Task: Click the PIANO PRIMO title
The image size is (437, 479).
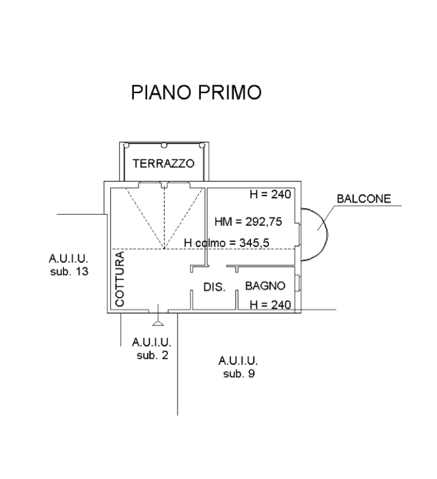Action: [x=196, y=92]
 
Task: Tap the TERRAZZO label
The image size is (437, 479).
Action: [x=163, y=163]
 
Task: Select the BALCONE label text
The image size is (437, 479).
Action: [x=364, y=199]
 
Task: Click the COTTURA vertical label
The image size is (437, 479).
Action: [x=120, y=279]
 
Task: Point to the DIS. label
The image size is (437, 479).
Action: [x=214, y=287]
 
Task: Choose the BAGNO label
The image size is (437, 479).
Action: [x=265, y=286]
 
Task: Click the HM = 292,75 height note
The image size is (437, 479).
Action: [x=248, y=222]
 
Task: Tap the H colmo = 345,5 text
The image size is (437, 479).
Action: [x=226, y=243]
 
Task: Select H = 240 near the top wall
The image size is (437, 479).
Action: [x=270, y=194]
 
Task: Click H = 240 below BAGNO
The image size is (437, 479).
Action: [x=270, y=304]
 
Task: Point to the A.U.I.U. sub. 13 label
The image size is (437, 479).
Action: [x=69, y=265]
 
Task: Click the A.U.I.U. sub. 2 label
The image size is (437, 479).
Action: [x=152, y=349]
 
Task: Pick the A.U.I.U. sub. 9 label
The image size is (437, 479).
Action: [x=239, y=367]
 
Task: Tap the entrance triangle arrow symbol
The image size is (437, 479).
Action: [x=158, y=323]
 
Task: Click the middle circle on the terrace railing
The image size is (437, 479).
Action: [x=164, y=146]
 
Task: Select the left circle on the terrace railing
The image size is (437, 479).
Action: [x=126, y=146]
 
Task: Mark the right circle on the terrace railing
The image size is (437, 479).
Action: [x=202, y=146]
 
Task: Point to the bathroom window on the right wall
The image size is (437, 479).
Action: [x=299, y=283]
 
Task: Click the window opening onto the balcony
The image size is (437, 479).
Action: [x=299, y=235]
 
